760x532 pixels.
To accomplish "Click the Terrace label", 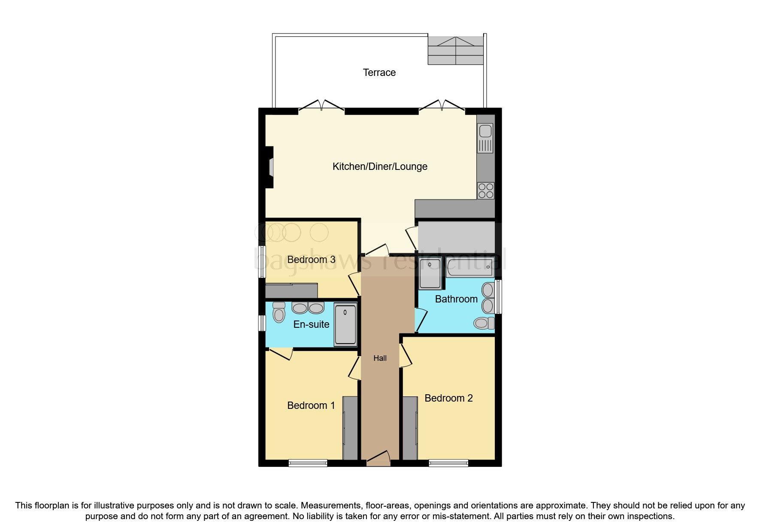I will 379,73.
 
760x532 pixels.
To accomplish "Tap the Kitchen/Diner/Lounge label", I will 380,166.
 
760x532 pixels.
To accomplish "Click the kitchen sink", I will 485,138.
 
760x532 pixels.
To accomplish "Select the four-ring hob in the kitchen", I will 485,190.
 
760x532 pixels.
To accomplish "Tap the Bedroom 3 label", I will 311,260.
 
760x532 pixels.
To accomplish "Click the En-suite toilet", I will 279,313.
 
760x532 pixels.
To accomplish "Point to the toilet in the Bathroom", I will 484,323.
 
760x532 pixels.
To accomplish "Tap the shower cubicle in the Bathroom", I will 430,273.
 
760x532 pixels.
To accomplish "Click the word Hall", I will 380,358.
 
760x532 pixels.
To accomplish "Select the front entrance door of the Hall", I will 378,459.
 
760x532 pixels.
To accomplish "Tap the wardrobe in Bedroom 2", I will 410,428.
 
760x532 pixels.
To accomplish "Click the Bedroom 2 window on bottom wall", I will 448,463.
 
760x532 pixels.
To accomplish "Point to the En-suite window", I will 261,323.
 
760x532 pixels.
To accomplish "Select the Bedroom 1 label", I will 311,405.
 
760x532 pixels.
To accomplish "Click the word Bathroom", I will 456,299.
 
